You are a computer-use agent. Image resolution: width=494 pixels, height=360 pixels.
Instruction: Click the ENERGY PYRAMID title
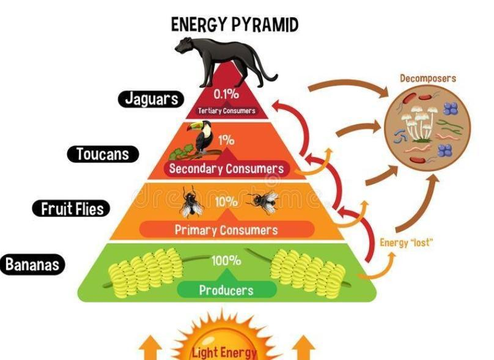(235, 24)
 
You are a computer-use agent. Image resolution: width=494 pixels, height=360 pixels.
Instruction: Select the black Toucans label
(103, 154)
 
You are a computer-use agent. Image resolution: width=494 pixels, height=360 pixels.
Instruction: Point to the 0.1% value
(226, 95)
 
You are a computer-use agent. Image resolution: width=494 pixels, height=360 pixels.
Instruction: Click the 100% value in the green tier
(226, 261)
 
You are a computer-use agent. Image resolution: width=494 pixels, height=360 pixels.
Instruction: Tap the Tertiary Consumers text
(226, 111)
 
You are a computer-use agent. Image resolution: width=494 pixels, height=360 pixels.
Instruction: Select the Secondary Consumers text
(226, 169)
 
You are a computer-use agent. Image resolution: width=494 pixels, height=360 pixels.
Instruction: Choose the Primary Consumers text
(226, 230)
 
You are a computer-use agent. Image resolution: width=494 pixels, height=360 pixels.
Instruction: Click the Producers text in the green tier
(226, 290)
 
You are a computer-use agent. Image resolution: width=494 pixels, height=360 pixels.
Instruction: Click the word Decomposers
(428, 79)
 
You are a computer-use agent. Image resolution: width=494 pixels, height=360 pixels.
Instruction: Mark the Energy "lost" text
(407, 243)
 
